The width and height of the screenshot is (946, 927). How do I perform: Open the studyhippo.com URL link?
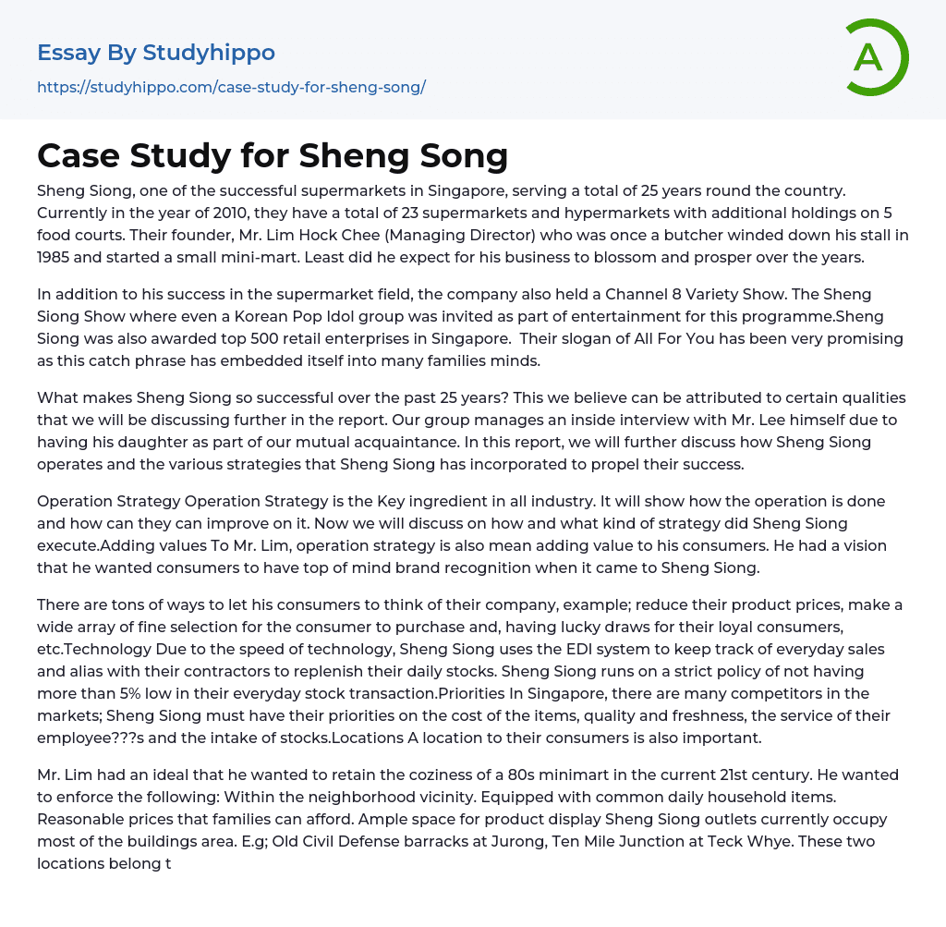click(231, 88)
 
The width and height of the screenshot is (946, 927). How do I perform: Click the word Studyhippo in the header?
click(209, 53)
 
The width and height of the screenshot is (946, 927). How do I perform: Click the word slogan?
click(582, 339)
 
